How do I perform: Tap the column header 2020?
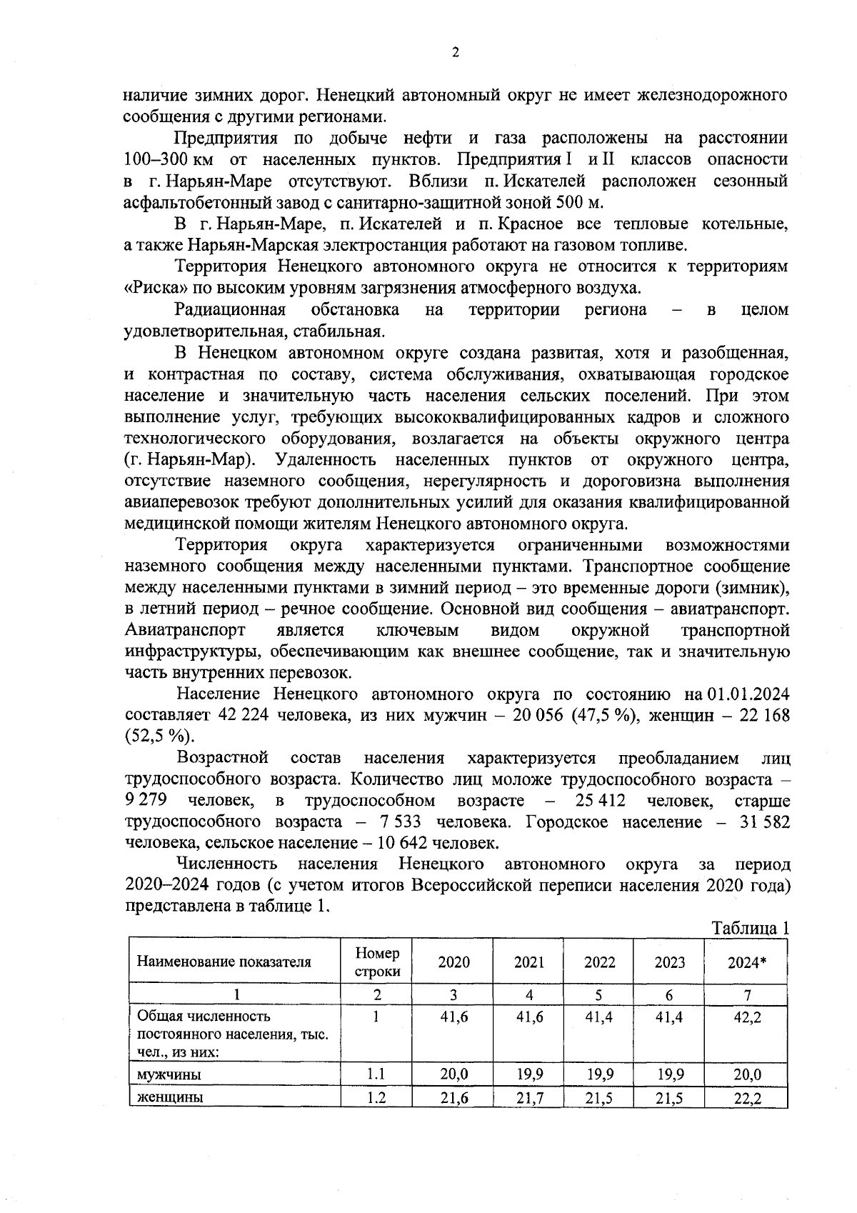coord(453,962)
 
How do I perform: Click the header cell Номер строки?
coord(377,962)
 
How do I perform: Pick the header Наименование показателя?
coord(224,962)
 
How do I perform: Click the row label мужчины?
coord(169,1074)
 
